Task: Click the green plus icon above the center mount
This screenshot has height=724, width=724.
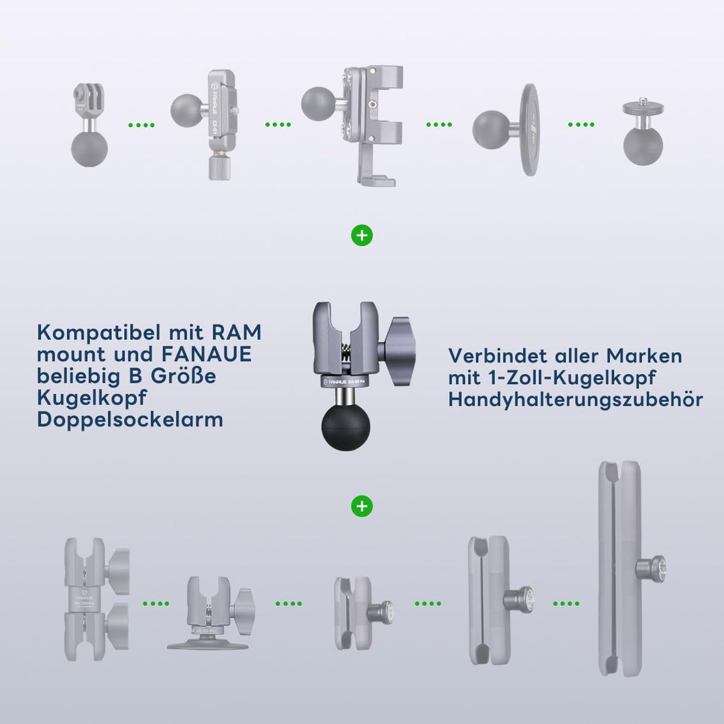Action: pyautogui.click(x=362, y=236)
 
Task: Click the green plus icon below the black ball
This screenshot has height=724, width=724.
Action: pyautogui.click(x=362, y=506)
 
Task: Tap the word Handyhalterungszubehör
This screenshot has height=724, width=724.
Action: pyautogui.click(x=575, y=400)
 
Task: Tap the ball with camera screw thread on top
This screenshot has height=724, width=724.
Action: pyautogui.click(x=640, y=134)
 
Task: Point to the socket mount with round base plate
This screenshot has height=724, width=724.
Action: pyautogui.click(x=209, y=613)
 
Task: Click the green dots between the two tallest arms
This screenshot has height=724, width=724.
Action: pyautogui.click(x=566, y=603)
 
